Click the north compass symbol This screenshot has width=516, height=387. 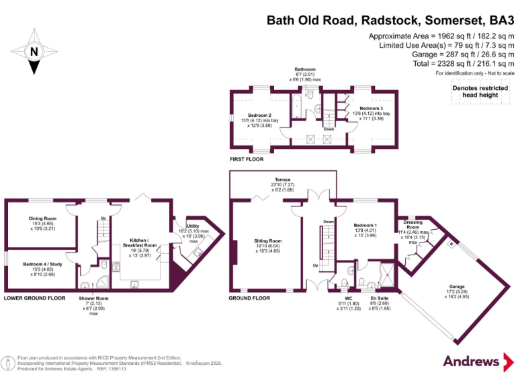[x=34, y=50]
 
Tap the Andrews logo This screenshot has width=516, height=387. [x=476, y=361]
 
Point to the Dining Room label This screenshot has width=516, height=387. [x=42, y=218]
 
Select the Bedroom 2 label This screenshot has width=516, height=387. [x=259, y=115]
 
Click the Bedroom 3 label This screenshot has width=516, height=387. [x=371, y=108]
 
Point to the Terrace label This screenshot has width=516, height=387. [x=282, y=181]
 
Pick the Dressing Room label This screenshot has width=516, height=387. [x=413, y=222]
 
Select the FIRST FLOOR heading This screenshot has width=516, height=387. [x=247, y=160]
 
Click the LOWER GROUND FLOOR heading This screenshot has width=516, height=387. [x=34, y=298]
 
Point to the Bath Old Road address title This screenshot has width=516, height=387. [x=390, y=19]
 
